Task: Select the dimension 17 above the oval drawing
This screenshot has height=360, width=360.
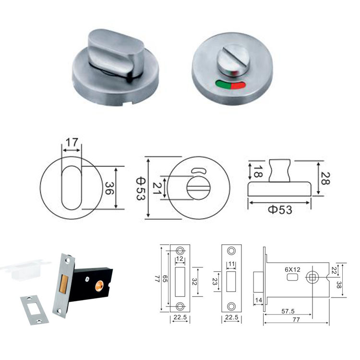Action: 72,143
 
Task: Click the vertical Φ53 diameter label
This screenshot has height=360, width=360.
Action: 140,187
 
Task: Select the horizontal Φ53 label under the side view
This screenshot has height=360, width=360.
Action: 280,209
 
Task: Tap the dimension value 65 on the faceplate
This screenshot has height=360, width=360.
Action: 165,279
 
